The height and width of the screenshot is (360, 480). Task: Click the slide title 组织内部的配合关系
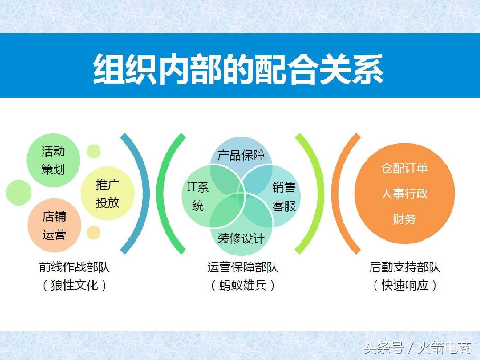click(x=238, y=69)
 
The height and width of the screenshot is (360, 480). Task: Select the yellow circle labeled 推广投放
click(x=107, y=193)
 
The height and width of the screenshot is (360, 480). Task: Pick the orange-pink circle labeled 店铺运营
click(x=54, y=226)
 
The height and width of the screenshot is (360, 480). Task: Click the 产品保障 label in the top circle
click(x=241, y=155)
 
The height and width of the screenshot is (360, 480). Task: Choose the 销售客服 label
click(x=284, y=197)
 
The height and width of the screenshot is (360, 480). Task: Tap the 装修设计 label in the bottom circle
click(x=241, y=238)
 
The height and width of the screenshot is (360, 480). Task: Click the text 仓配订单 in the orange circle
click(x=404, y=168)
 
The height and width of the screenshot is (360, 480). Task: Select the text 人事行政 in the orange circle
click(x=404, y=194)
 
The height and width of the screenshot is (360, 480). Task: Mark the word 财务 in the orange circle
click(x=404, y=219)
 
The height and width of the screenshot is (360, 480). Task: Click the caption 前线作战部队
click(x=74, y=267)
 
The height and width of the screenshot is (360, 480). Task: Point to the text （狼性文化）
click(x=74, y=285)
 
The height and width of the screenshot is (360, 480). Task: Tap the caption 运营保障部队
click(x=242, y=267)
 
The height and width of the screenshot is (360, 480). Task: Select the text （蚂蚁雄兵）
click(x=242, y=285)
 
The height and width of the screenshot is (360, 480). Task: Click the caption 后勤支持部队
click(x=405, y=267)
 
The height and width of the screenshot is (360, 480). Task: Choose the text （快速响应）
click(x=405, y=285)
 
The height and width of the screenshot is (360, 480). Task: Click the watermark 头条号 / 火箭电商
click(x=417, y=348)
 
